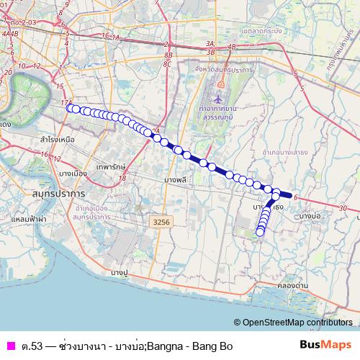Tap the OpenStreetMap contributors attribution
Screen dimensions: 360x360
296,323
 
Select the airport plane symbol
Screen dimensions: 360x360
218,95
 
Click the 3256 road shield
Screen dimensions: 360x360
161,223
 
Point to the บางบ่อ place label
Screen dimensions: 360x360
310,216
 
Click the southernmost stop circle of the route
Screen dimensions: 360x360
260,232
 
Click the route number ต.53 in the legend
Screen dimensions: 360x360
31,346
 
